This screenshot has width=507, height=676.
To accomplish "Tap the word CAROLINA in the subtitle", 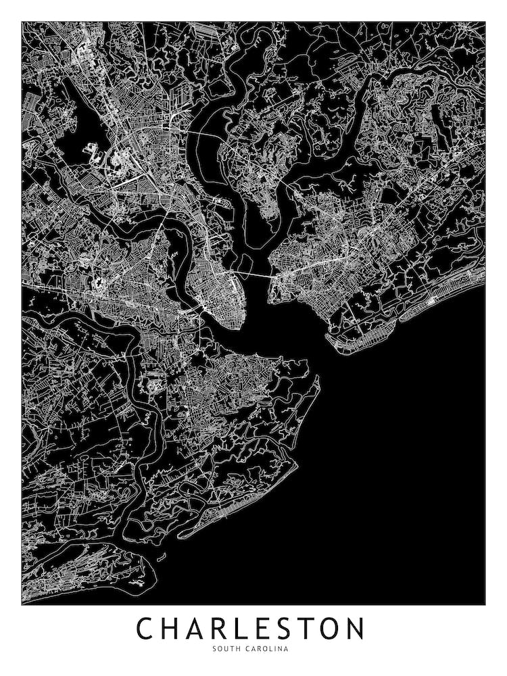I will (x=266, y=649).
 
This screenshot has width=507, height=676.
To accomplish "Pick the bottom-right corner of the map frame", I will (x=485, y=604).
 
